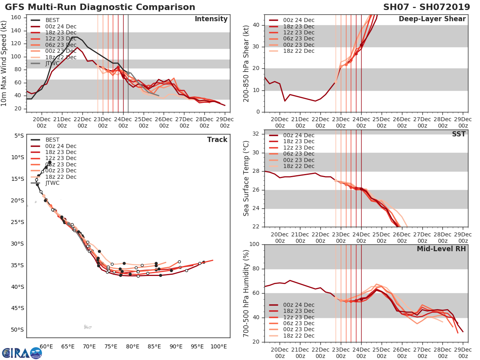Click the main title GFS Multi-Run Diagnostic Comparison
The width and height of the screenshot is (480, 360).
pyautogui.click(x=100, y=7)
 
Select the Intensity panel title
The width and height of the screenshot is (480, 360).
pyautogui.click(x=211, y=19)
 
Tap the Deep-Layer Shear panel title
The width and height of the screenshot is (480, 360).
pyautogui.click(x=432, y=19)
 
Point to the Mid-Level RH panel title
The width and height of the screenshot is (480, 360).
pyautogui.click(x=441, y=249)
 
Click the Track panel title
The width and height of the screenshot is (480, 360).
pyautogui.click(x=217, y=140)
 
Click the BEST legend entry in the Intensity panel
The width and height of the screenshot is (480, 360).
pyautogui.click(x=50, y=20)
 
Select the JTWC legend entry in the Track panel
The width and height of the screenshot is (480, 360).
pyautogui.click(x=50, y=183)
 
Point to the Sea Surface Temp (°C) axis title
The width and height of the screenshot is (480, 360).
pyautogui.click(x=246, y=178)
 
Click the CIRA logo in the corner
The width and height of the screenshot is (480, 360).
pyautogui.click(x=22, y=353)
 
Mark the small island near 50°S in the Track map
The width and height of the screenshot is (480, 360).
pyautogui.click(x=88, y=327)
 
